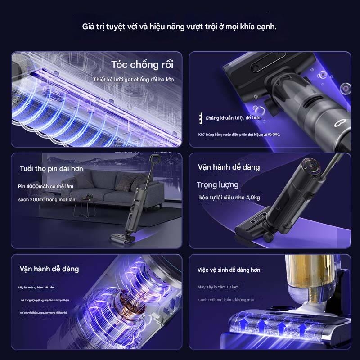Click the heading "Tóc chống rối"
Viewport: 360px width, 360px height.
[142, 64]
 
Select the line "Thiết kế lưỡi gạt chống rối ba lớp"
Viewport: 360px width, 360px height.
[134, 79]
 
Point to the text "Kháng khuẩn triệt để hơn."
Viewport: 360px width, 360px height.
[233, 118]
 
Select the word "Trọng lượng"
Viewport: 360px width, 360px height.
[217, 184]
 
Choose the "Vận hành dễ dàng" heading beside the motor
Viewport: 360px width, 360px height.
[49, 269]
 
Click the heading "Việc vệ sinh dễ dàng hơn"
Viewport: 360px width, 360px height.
[229, 270]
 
